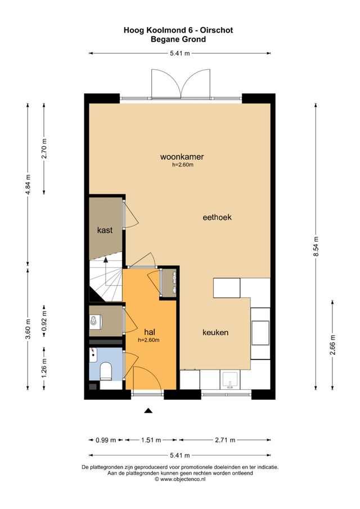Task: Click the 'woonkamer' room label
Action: [x=181, y=157]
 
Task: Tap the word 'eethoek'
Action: [x=218, y=217]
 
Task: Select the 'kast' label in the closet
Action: [x=105, y=230]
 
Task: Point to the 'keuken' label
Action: [x=215, y=332]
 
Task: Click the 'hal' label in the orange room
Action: [x=149, y=332]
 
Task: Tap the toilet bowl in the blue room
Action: [x=104, y=371]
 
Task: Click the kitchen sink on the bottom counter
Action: [x=229, y=380]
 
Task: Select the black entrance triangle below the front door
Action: [x=148, y=411]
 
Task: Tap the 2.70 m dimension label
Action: [x=45, y=148]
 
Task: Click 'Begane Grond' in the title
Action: [x=178, y=39]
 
